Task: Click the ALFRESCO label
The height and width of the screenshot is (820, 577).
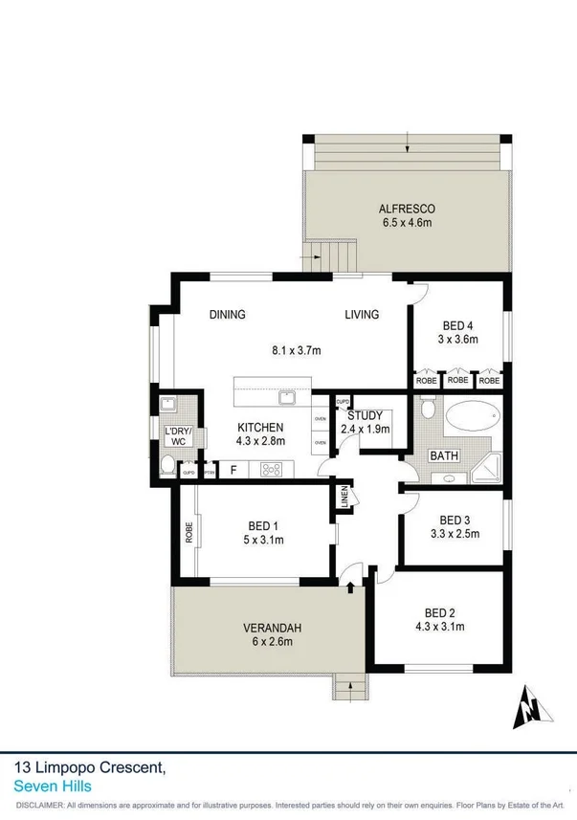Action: point(407,209)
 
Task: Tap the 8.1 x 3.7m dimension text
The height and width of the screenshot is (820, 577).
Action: point(297,351)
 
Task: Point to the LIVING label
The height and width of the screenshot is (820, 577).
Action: point(362,315)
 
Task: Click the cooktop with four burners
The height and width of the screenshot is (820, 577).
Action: point(271,470)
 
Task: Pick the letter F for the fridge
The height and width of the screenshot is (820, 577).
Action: point(233,470)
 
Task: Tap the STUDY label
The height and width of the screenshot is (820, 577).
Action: point(365,415)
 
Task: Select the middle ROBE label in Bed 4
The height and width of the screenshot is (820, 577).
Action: point(457,381)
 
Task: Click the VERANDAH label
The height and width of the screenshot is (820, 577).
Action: point(272,628)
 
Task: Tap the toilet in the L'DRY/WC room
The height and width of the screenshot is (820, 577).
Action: point(168,467)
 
